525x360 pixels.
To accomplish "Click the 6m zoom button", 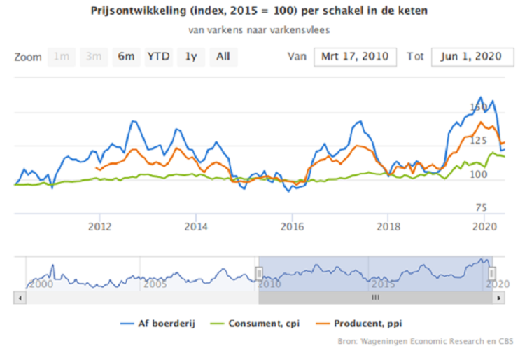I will coord(126,57).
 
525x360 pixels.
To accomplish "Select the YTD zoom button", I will coord(158,57).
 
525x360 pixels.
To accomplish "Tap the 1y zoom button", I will coord(190,57).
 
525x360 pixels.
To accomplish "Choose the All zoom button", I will coord(223,57).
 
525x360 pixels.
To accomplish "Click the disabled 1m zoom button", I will coord(62,57).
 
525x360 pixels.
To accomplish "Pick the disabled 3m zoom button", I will coord(94,57).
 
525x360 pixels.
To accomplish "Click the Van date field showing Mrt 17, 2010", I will coord(355,57).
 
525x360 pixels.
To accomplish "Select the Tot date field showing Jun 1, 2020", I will coord(468,57).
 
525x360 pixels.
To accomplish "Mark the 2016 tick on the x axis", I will coord(292,226).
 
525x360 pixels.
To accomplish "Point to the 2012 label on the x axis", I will coord(100,226).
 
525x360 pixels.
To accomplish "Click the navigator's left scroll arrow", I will coord(20,297).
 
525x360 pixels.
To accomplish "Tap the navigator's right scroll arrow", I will coord(498,297).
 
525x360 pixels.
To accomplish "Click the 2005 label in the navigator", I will coord(154,284).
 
